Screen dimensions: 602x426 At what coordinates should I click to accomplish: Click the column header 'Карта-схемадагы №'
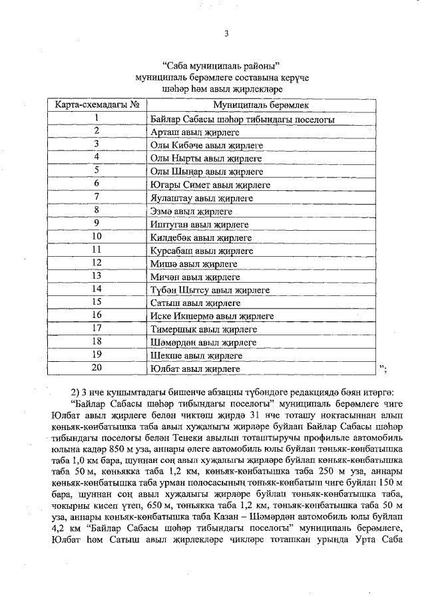(x=97, y=105)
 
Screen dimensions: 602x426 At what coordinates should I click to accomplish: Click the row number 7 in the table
(x=97, y=196)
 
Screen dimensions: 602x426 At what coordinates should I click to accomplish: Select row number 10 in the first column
(x=97, y=236)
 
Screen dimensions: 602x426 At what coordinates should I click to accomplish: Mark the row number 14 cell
(x=97, y=289)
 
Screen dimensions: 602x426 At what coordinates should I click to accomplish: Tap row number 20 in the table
(x=97, y=367)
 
